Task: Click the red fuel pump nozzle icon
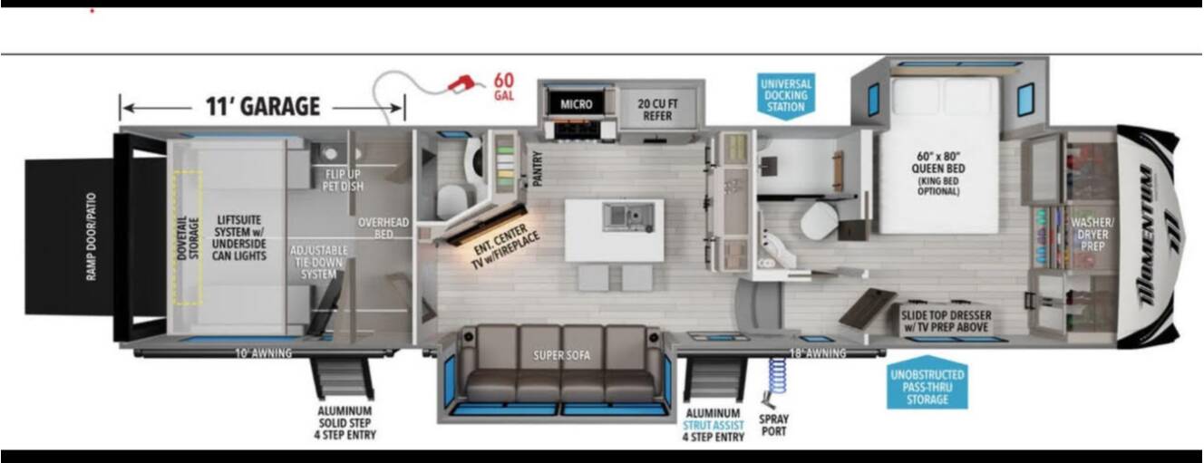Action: click(x=462, y=83)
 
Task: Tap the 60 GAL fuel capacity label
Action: click(x=504, y=86)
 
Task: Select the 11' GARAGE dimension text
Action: click(x=263, y=106)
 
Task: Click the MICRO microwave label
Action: click(x=577, y=104)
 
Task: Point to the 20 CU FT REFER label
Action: click(x=657, y=110)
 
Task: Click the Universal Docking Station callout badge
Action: click(x=786, y=96)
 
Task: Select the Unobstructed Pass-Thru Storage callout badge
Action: click(x=927, y=383)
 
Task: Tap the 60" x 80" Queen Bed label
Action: click(x=938, y=173)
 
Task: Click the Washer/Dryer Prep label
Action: click(x=1092, y=234)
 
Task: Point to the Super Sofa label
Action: click(x=561, y=355)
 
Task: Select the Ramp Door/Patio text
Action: click(x=92, y=236)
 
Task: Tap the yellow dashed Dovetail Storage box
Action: click(x=189, y=238)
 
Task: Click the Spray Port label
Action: click(x=773, y=425)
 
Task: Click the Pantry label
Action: click(x=537, y=169)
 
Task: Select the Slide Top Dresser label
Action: click(x=946, y=321)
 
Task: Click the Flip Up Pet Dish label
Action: click(x=343, y=180)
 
